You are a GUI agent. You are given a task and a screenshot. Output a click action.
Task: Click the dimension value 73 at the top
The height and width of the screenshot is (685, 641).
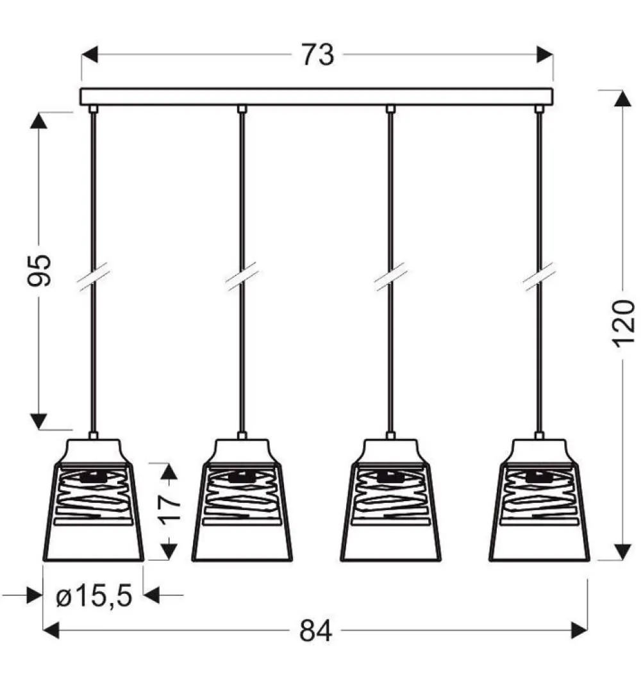(x=317, y=55)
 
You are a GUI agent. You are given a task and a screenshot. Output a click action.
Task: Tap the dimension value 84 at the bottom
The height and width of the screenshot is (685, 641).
(x=316, y=631)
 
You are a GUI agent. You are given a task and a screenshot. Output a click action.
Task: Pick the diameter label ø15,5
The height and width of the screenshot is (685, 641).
(x=94, y=597)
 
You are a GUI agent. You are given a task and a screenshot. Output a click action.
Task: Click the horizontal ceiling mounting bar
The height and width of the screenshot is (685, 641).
(x=316, y=96)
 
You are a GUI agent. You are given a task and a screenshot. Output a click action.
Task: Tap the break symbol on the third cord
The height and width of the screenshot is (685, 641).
(x=390, y=277)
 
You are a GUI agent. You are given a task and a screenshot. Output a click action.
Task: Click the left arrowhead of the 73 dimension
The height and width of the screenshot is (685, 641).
(x=89, y=55)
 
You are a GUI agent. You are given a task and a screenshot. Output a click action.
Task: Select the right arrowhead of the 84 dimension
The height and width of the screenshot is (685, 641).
(x=579, y=631)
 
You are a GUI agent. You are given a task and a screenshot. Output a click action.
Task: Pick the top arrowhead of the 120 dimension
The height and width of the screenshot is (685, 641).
(x=622, y=99)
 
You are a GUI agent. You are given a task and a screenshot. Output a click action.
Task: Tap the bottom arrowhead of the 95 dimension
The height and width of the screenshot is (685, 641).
(x=40, y=421)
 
